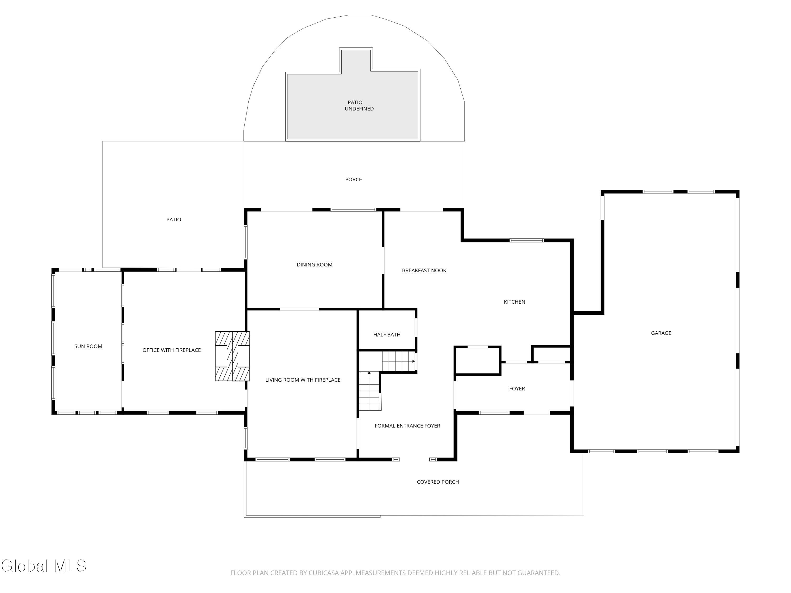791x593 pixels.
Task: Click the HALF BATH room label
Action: coord(387,334)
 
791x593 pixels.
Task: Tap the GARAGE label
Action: coord(661,333)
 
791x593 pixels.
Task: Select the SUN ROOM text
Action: coord(88,346)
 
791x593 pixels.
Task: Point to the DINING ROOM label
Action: coord(314,265)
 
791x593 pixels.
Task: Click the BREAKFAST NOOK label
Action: coord(424,270)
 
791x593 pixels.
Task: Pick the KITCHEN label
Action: coord(514,302)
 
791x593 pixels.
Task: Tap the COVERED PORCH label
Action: coord(438,482)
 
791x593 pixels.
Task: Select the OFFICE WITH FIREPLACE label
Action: coord(171,350)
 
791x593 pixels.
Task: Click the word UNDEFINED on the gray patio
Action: coord(359,109)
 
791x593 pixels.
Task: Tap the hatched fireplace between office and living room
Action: coord(232,356)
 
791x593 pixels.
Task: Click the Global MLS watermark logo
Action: coord(44,566)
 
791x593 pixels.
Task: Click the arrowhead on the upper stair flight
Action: coord(414,361)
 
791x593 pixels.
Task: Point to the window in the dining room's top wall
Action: coord(353,210)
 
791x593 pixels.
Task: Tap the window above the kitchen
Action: coord(526,240)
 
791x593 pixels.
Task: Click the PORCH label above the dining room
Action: coord(354,179)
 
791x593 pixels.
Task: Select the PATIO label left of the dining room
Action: coord(173,220)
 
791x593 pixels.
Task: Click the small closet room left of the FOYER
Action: coord(478,361)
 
